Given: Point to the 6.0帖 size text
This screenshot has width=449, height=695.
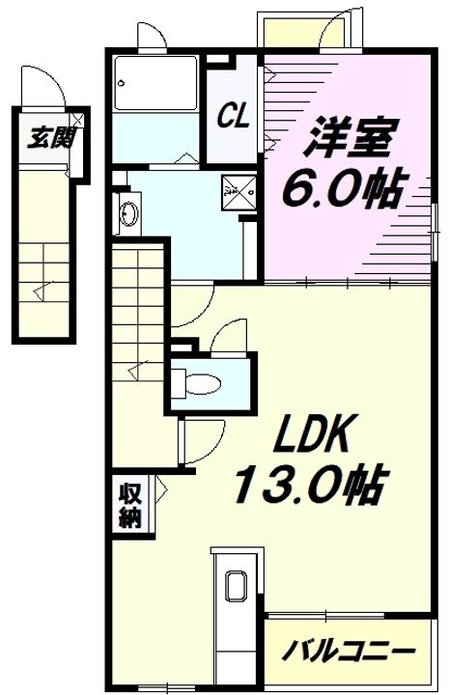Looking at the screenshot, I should point(342,187).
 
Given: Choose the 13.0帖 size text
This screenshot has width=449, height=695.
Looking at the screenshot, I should point(307,483).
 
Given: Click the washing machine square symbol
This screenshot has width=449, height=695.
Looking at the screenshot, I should point(239,192).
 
